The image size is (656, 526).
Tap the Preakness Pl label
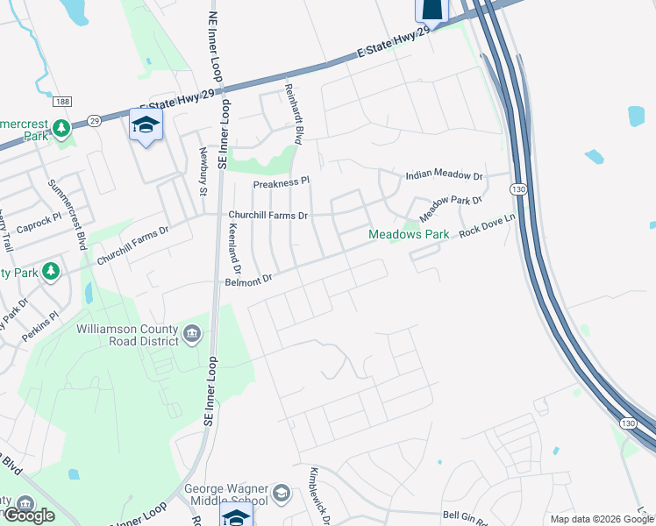coord(282,183)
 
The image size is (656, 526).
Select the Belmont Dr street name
coord(250,280)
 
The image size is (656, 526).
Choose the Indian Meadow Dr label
coord(444,176)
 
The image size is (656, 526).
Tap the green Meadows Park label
coord(409,234)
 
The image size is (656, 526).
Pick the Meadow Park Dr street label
coord(451,209)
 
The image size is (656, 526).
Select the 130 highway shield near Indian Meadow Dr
coord(518,189)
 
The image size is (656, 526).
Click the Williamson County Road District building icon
coord(193,334)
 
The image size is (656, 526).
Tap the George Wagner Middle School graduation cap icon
coord(281,493)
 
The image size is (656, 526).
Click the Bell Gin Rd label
coord(464,515)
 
